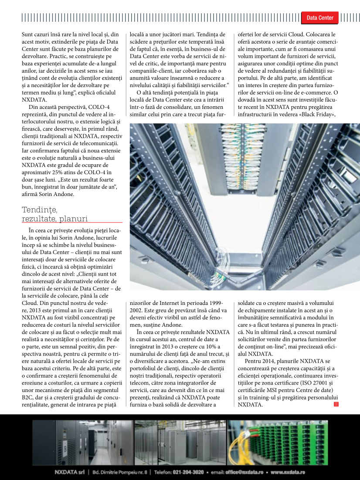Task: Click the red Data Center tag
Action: (319, 18)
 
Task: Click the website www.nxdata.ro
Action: (288, 472)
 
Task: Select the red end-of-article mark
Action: (336, 405)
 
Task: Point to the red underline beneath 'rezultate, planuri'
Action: (72, 222)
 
